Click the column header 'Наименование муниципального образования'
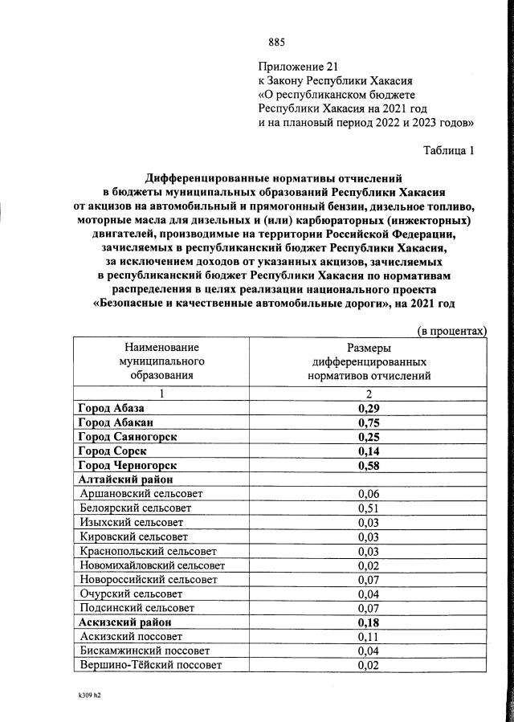(x=161, y=361)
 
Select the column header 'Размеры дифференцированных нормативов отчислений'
(x=369, y=361)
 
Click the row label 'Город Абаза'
(x=112, y=409)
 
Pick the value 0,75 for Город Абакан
(x=369, y=422)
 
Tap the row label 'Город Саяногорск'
(x=128, y=436)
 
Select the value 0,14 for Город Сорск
(x=369, y=451)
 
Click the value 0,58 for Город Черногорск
(x=369, y=465)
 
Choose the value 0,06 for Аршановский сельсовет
(x=369, y=493)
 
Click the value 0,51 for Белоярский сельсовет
(x=369, y=508)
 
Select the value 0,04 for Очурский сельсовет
(x=369, y=594)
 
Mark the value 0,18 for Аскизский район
(x=369, y=622)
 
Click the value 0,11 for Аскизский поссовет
(x=369, y=636)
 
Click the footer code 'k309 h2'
(x=84, y=695)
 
